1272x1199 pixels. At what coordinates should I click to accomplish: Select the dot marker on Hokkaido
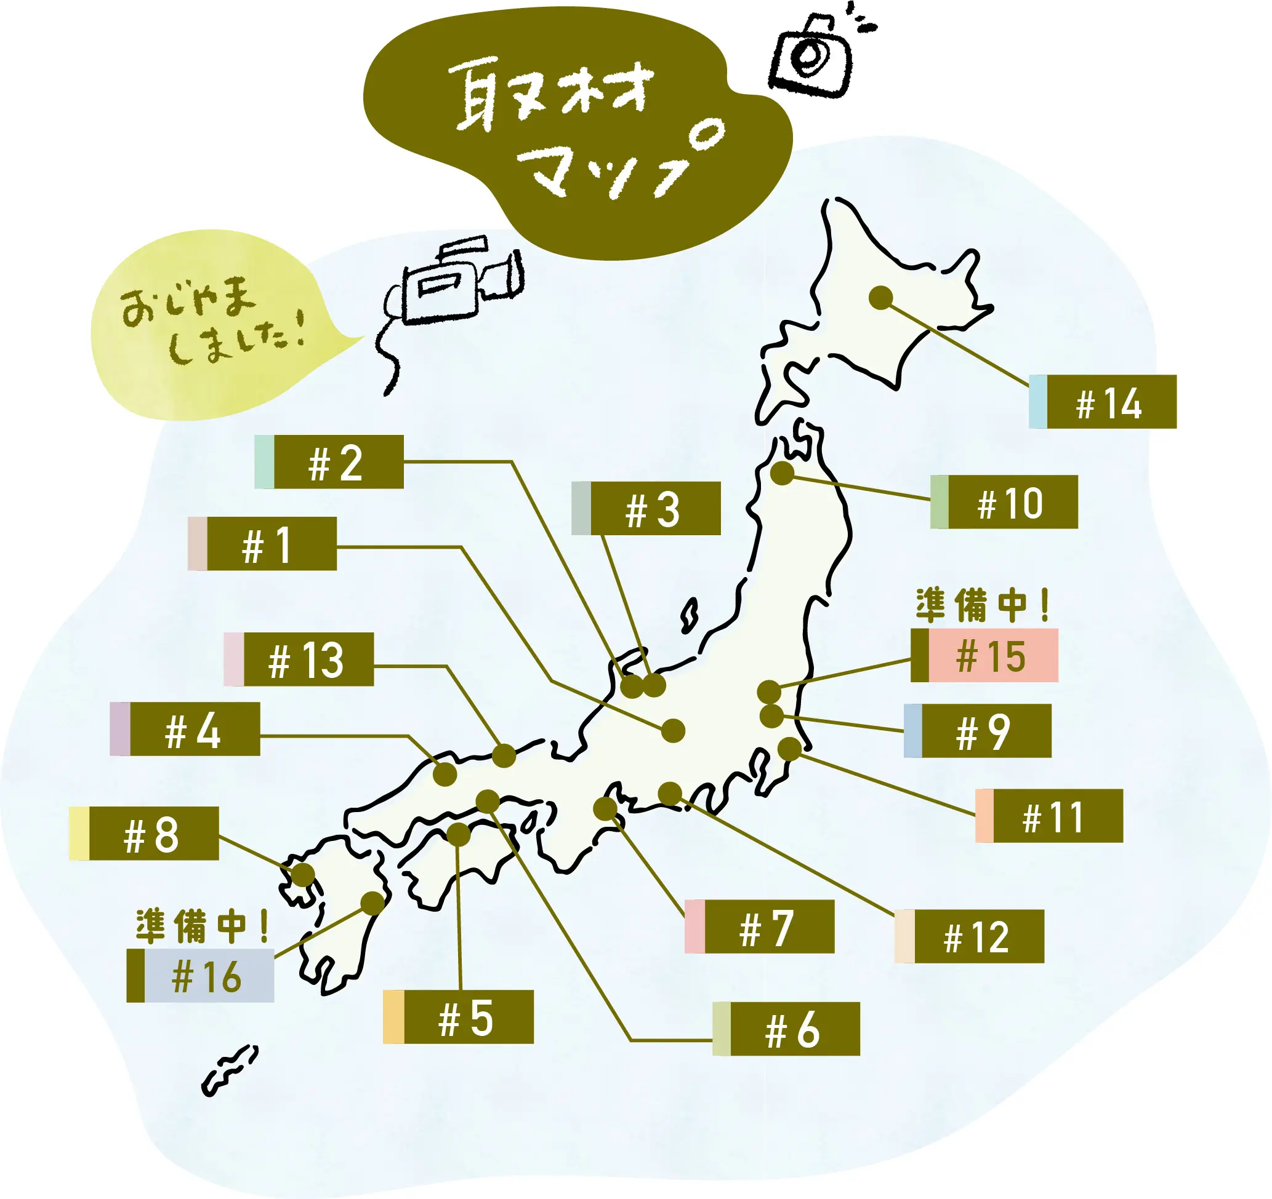[x=881, y=297]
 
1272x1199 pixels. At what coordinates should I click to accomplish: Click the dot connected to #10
[x=782, y=474]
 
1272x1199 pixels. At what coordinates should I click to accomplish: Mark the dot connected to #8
[x=303, y=874]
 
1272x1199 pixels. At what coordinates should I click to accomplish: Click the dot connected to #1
[x=673, y=730]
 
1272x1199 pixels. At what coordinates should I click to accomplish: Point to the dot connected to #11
[x=789, y=748]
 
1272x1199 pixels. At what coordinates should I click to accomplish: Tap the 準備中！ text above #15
[x=982, y=605]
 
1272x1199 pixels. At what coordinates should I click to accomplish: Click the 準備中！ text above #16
[x=202, y=926]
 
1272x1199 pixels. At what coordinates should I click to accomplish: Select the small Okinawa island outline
[x=230, y=1070]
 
